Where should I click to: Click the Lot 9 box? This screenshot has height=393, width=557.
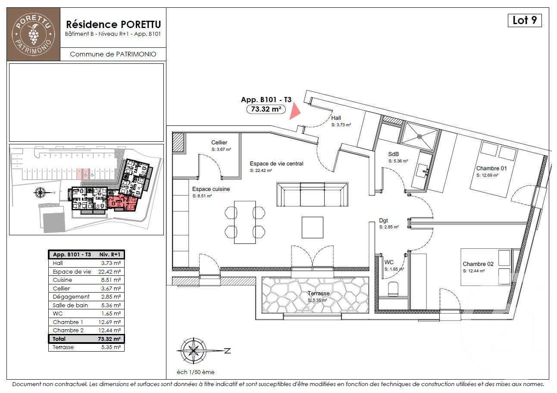click(524, 20)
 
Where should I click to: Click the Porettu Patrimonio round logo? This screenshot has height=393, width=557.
click(34, 34)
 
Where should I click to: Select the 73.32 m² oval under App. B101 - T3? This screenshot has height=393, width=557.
click(266, 109)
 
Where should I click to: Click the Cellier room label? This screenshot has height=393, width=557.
click(219, 143)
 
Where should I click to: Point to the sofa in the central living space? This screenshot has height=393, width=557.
click(312, 195)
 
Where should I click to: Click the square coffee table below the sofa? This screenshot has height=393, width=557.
click(312, 227)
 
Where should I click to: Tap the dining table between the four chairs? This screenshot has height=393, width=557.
click(245, 222)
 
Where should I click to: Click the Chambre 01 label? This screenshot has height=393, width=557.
click(491, 168)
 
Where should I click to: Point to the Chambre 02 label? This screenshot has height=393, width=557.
click(478, 264)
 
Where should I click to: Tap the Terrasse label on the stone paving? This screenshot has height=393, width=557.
click(318, 293)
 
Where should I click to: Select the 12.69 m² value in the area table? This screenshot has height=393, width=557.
click(110, 322)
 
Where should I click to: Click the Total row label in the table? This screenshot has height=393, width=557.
click(59, 339)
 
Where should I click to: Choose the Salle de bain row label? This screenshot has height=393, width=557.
click(70, 305)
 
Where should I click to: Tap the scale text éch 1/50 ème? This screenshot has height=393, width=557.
click(195, 372)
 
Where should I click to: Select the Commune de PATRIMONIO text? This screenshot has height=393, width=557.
click(113, 54)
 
